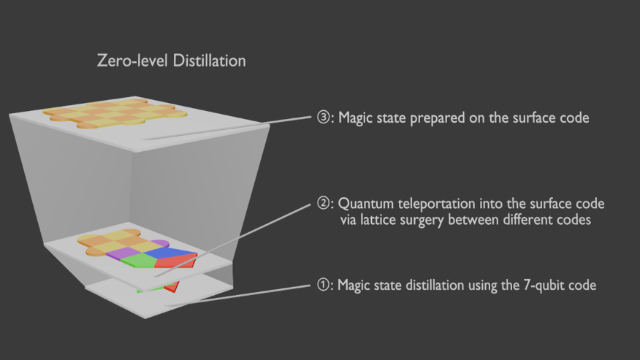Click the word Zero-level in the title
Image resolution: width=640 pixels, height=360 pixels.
point(132,61)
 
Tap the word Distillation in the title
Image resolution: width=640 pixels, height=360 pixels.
point(209,61)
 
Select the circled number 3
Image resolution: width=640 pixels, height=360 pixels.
point(323,118)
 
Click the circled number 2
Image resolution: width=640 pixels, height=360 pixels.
point(323,203)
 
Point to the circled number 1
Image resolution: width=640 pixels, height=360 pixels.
point(323,285)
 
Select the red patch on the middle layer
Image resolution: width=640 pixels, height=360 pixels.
point(176,261)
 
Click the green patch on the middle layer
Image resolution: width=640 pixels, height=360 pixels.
point(138,260)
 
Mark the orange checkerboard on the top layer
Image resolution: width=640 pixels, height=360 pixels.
point(115,113)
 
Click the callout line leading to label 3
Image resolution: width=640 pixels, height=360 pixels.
point(226,128)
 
